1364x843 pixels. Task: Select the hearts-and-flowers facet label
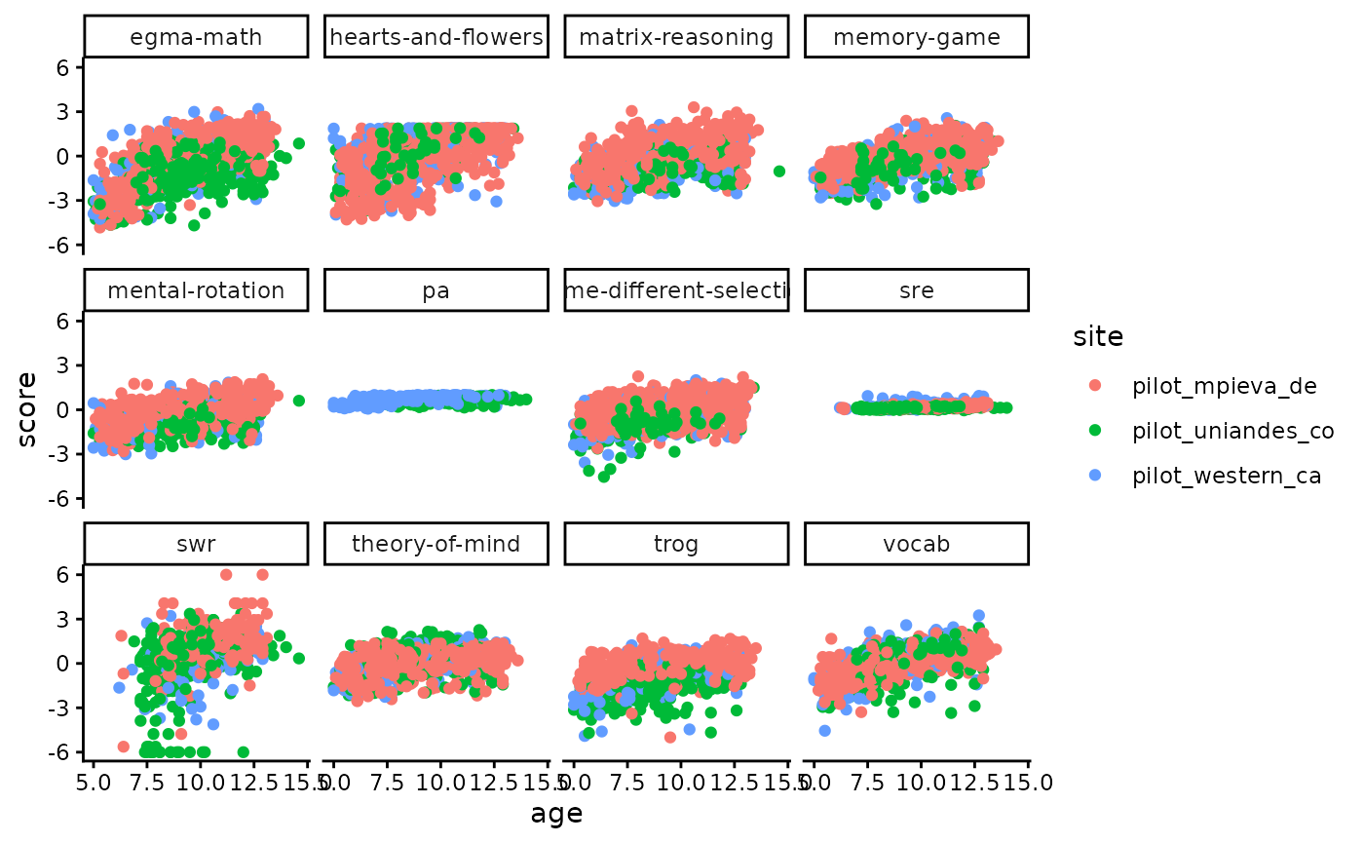pyautogui.click(x=436, y=38)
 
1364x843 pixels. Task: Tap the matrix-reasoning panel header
pyautogui.click(x=676, y=38)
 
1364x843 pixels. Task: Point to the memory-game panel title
pyautogui.click(x=917, y=38)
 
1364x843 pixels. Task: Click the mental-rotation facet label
pyautogui.click(x=196, y=290)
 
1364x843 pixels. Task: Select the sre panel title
pyautogui.click(x=917, y=290)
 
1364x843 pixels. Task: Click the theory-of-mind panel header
pyautogui.click(x=436, y=544)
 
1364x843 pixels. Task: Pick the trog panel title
pyautogui.click(x=676, y=544)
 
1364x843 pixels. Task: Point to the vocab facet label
pyautogui.click(x=917, y=544)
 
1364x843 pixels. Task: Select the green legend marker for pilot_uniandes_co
pyautogui.click(x=1094, y=431)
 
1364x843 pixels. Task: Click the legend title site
pyautogui.click(x=1098, y=337)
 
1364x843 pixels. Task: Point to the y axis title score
pyautogui.click(x=27, y=409)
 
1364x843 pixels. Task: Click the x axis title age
pyautogui.click(x=556, y=814)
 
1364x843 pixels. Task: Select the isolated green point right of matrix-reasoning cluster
pyautogui.click(x=779, y=171)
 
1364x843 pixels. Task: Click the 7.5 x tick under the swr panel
pyautogui.click(x=146, y=782)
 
